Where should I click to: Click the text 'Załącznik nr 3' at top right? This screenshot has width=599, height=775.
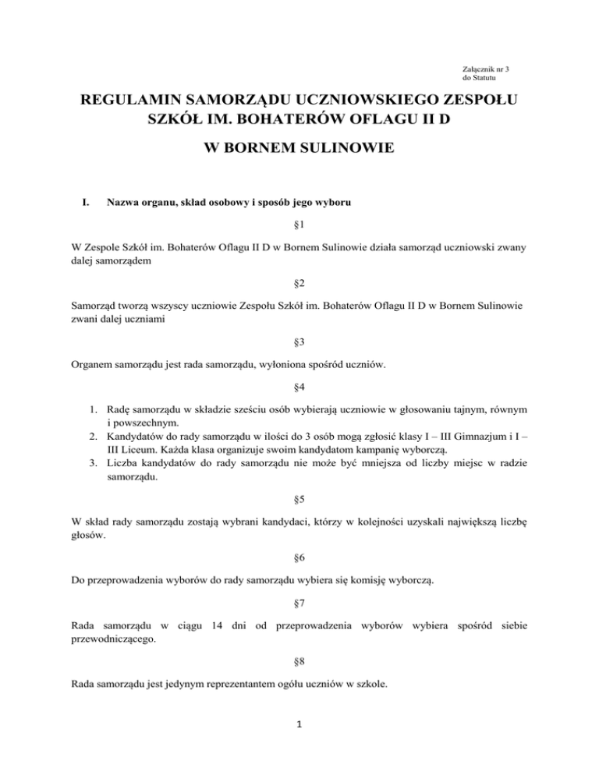(486, 69)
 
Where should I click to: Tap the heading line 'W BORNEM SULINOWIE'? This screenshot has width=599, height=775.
(299, 148)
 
